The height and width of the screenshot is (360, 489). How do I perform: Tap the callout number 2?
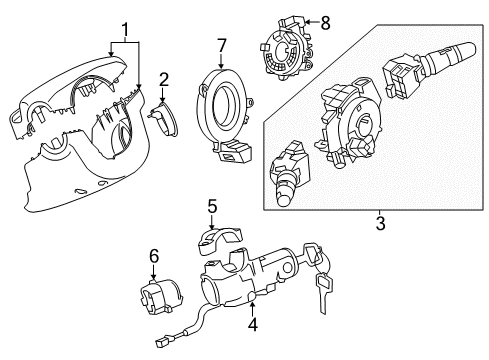[163, 79]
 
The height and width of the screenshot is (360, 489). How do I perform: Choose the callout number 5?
[211, 206]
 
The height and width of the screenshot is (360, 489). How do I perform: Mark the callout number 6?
[153, 257]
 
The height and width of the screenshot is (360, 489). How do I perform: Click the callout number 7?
[223, 44]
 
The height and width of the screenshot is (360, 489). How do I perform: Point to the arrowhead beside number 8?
[307, 20]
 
